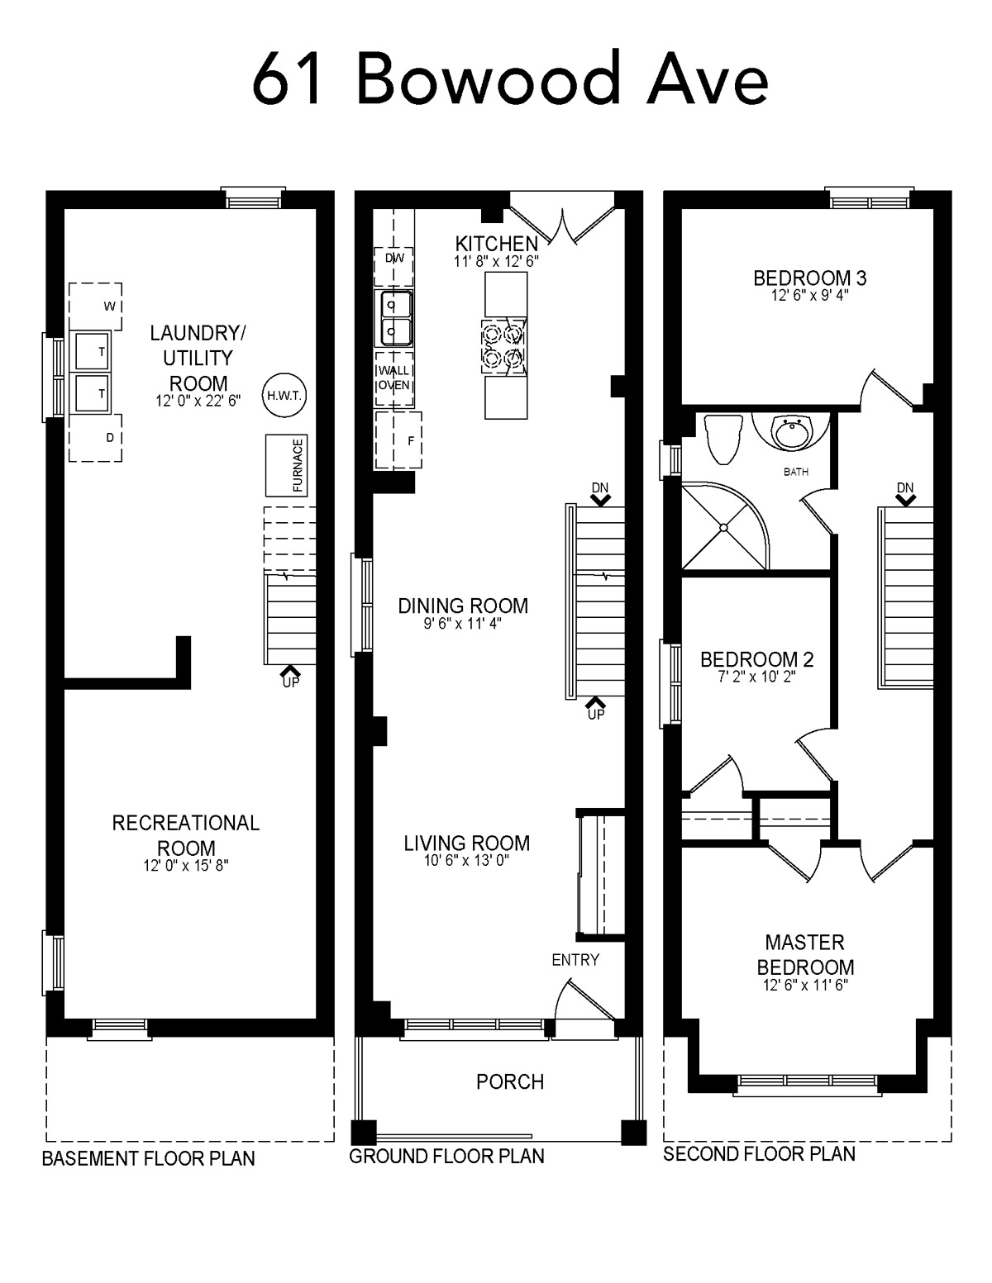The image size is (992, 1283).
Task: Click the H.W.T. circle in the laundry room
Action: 284,395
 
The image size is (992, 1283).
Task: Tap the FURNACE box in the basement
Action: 286,465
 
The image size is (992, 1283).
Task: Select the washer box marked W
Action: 95,306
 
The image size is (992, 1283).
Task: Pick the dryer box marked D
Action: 95,438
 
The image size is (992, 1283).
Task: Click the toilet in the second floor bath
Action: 724,439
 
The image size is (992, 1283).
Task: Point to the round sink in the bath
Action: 791,433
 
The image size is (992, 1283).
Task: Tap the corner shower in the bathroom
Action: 725,526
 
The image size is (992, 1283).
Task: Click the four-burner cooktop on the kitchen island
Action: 503,347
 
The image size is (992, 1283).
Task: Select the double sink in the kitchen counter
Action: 393,318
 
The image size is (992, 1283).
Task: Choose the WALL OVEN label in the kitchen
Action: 394,378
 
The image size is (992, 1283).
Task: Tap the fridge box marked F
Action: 398,440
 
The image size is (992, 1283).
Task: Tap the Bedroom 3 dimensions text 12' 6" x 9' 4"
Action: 809,295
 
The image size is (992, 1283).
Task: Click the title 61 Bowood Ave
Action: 511,78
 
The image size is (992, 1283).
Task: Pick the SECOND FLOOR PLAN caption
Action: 759,1153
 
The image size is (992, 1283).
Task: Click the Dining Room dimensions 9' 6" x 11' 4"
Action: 462,623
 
